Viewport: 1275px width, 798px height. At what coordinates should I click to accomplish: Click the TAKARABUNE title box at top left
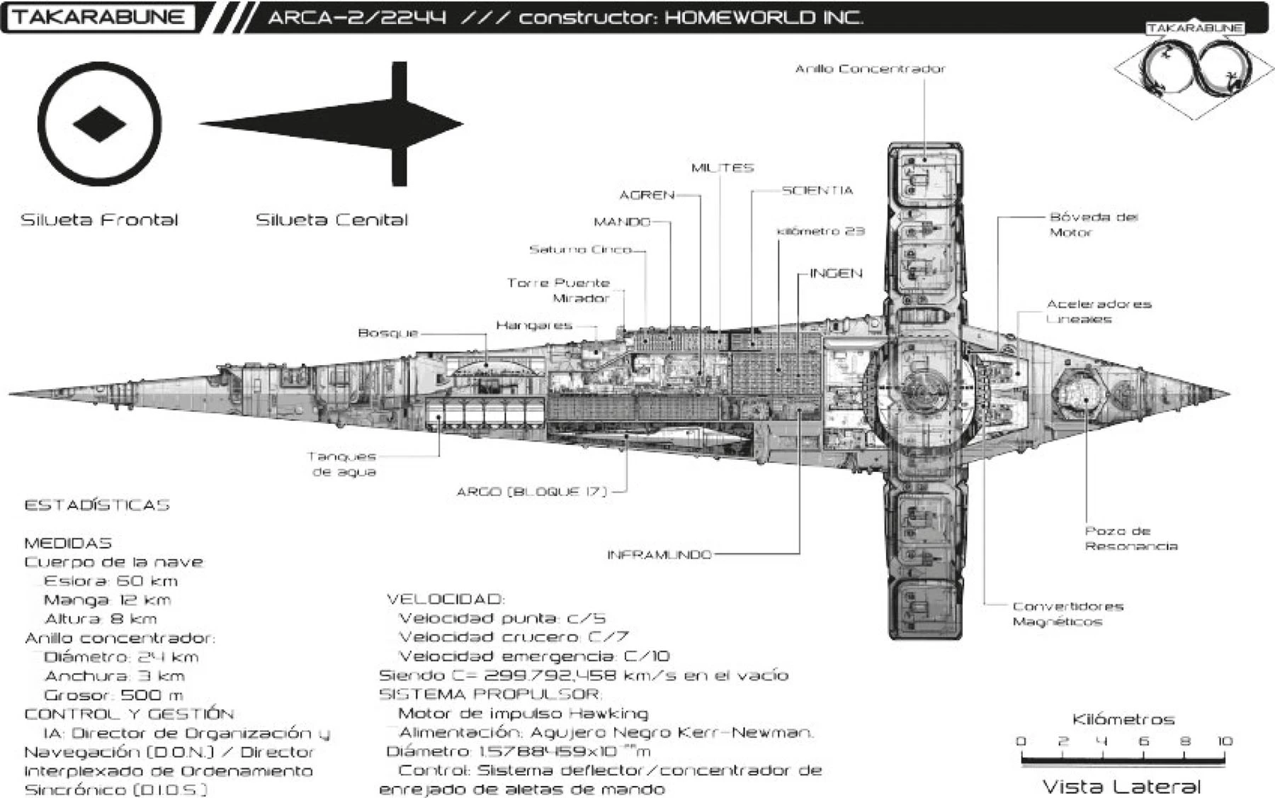pos(98,17)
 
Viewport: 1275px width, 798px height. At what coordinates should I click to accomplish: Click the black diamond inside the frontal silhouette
pos(99,124)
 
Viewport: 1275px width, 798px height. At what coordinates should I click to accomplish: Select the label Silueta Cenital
pos(331,220)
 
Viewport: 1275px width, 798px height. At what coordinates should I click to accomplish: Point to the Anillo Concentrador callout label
pos(870,69)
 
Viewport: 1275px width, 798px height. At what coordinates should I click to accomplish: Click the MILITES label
pos(722,168)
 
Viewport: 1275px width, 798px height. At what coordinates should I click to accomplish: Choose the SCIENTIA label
pos(817,190)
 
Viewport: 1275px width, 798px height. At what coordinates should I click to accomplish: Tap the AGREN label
pos(647,195)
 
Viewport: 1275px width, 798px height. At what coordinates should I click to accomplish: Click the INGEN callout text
pos(836,274)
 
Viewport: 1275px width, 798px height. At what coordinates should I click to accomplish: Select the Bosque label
pos(388,333)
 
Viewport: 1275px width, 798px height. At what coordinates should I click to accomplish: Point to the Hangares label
pos(534,325)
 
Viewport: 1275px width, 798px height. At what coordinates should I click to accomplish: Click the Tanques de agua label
pos(343,464)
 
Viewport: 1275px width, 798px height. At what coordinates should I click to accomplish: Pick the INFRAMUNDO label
pos(659,554)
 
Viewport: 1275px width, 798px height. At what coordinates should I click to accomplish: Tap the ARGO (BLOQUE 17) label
pos(532,491)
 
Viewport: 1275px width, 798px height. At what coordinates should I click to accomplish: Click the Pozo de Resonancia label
pos(1130,539)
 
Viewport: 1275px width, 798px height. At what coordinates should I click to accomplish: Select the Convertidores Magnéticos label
pos(1067,614)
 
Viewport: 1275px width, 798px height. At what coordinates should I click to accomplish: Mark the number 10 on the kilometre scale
pos(1225,741)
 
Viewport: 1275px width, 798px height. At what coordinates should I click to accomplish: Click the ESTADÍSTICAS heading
pos(97,505)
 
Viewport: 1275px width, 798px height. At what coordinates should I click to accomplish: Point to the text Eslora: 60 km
pos(110,581)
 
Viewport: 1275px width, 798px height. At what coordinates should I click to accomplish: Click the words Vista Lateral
pos(1121,786)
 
